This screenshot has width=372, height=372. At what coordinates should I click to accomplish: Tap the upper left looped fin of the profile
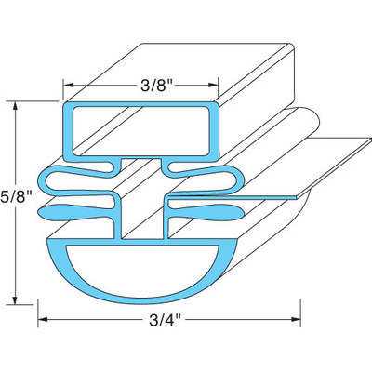(x=70, y=179)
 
